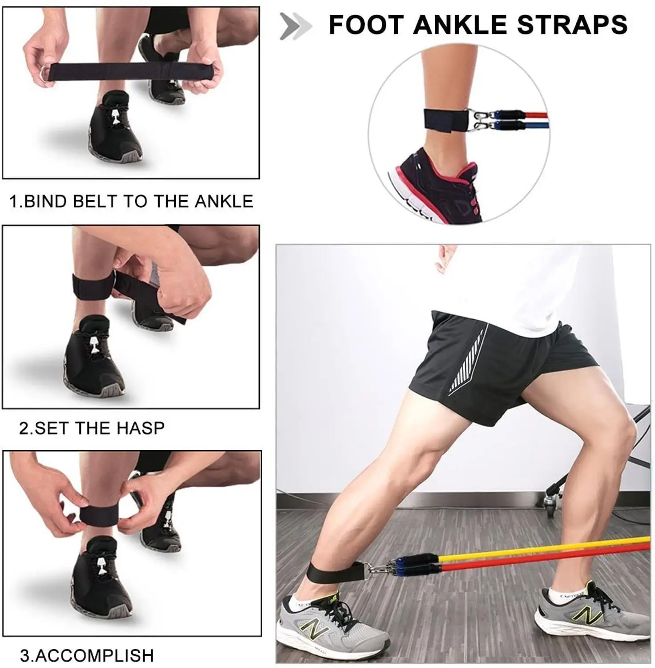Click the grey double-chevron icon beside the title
[x=295, y=26]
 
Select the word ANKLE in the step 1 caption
[x=224, y=201]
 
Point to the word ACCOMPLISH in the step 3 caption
[x=94, y=655]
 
